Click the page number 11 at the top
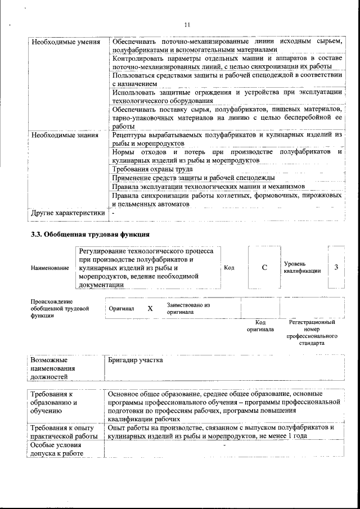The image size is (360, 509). click(x=187, y=25)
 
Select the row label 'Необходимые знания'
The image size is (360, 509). click(x=65, y=135)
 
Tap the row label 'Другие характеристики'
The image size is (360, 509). click(x=68, y=214)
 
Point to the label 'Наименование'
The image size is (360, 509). click(x=51, y=268)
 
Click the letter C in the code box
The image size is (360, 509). click(x=264, y=268)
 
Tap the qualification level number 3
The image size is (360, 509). click(x=336, y=267)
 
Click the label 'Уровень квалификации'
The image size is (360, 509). click(x=303, y=267)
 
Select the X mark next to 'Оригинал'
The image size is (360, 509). click(x=150, y=309)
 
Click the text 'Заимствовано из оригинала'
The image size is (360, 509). click(x=188, y=308)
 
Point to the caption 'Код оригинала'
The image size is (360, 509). click(x=260, y=326)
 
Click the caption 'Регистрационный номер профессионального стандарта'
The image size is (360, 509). click(x=312, y=332)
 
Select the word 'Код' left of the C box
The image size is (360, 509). click(x=229, y=268)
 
